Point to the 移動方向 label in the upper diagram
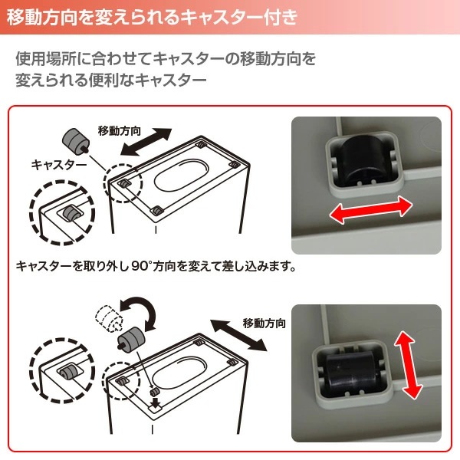(120, 130)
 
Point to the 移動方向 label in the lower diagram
(264, 322)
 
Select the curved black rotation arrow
(144, 310)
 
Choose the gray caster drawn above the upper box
(74, 142)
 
